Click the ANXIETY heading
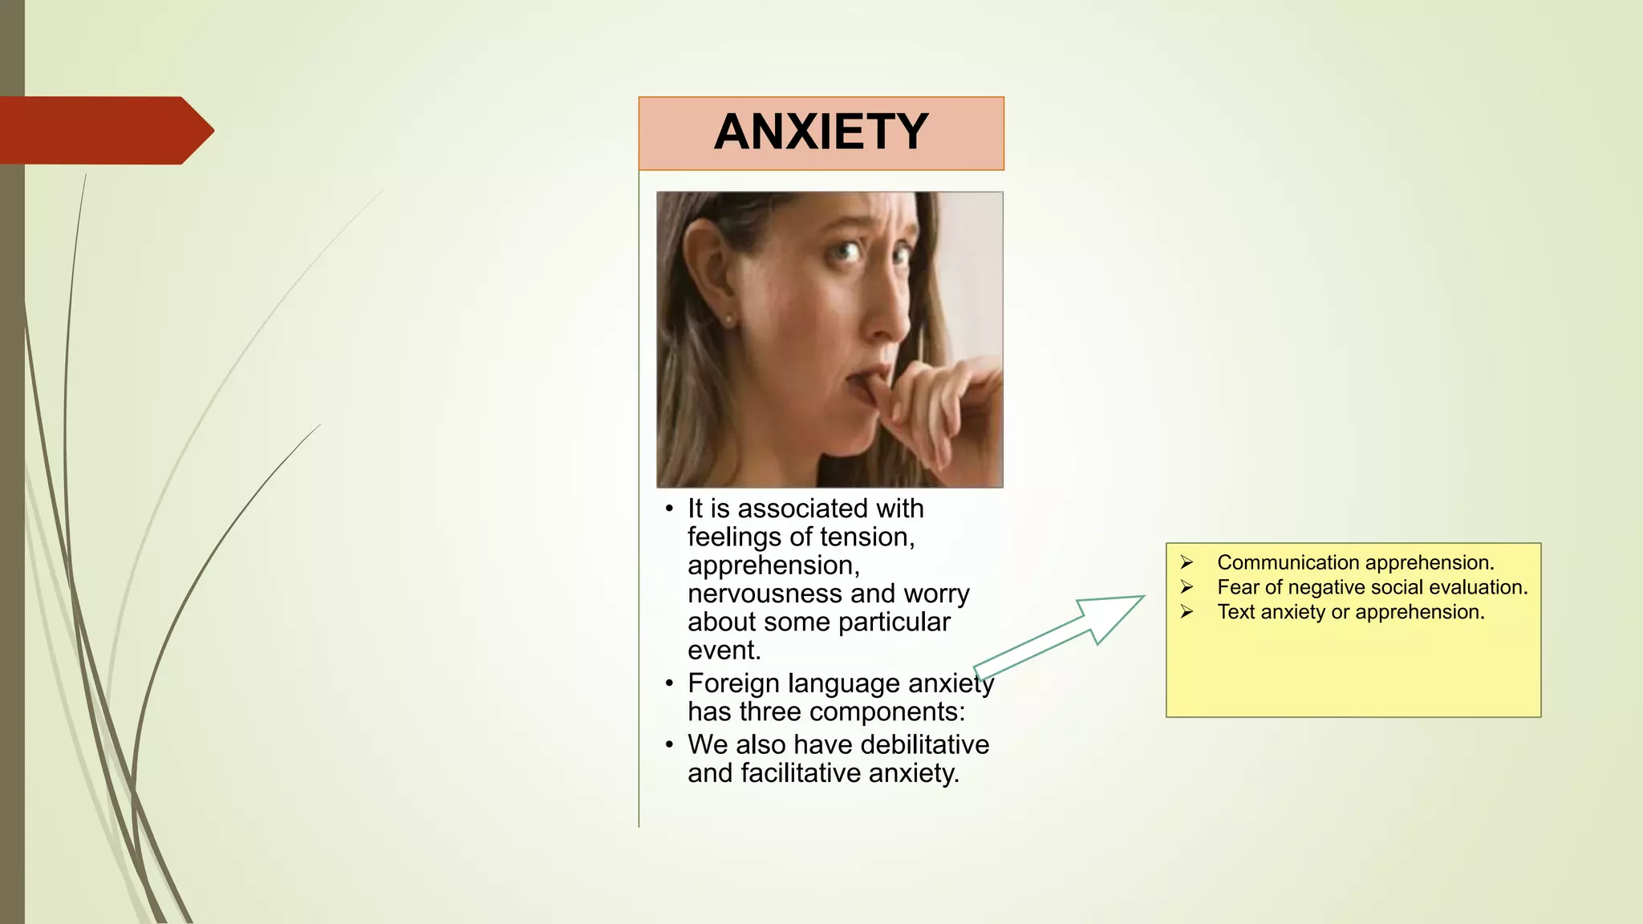(x=821, y=132)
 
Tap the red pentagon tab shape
(x=104, y=131)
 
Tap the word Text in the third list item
(x=1235, y=612)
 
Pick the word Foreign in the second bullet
(x=733, y=683)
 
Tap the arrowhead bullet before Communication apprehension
(x=1187, y=562)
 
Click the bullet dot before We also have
(x=669, y=745)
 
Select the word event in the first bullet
(x=722, y=650)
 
